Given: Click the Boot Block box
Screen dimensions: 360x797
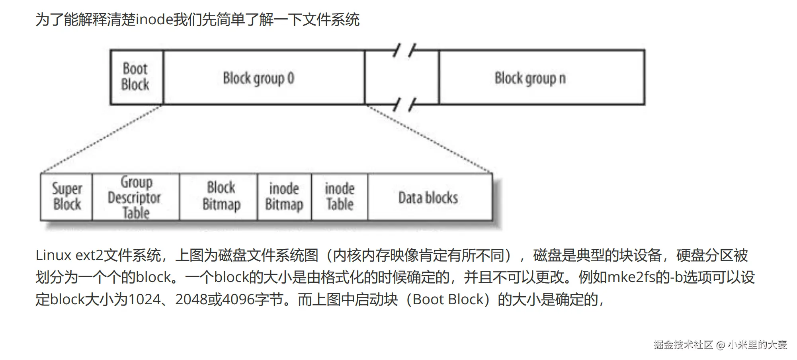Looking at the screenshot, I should (x=136, y=77).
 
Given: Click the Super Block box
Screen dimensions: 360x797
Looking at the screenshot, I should (x=66, y=197).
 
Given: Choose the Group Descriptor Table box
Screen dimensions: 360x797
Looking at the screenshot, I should (x=135, y=197).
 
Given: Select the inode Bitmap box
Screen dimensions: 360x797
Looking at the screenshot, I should (x=284, y=197).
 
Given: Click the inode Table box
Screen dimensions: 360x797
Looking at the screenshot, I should (x=340, y=197).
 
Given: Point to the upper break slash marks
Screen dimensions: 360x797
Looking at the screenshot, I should (x=404, y=51).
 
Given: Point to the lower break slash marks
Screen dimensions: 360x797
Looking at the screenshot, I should (x=404, y=104).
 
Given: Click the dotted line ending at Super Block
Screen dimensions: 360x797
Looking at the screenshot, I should (x=102, y=139).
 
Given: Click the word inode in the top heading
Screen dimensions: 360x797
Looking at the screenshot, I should (x=154, y=20).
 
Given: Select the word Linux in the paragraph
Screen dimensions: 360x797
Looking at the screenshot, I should (x=53, y=255).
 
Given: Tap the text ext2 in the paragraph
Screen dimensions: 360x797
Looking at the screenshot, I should (x=90, y=255).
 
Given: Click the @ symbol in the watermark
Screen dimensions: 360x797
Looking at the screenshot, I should (x=721, y=345).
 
